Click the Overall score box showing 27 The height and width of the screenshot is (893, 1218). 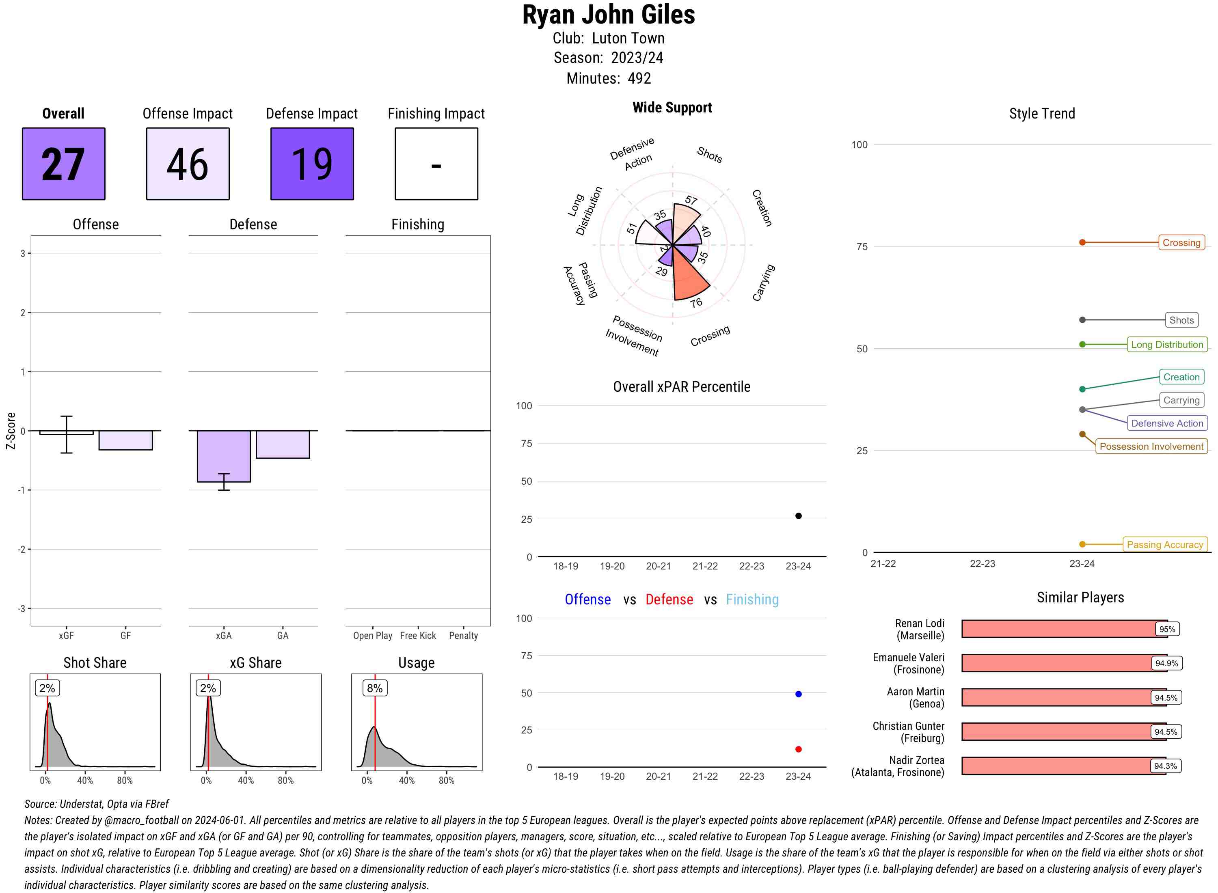pyautogui.click(x=63, y=164)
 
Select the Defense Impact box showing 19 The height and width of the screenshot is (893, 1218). pyautogui.click(x=312, y=164)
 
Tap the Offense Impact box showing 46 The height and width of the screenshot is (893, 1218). pyautogui.click(x=188, y=164)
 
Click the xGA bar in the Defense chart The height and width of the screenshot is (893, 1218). pyautogui.click(x=223, y=456)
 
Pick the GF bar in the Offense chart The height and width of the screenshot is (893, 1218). pyautogui.click(x=125, y=440)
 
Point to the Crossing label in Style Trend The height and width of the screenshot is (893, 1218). pyautogui.click(x=1181, y=243)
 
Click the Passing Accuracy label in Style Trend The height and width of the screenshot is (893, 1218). pyautogui.click(x=1164, y=544)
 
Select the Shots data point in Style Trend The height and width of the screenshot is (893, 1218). pyautogui.click(x=1082, y=320)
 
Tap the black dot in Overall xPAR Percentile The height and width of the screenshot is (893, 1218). pyautogui.click(x=798, y=516)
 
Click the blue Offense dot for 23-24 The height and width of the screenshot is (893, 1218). pyautogui.click(x=798, y=694)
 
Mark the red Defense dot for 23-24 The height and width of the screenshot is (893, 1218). pyautogui.click(x=798, y=749)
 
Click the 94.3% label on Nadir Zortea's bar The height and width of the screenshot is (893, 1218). pyautogui.click(x=1165, y=766)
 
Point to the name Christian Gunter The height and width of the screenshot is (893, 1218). pyautogui.click(x=908, y=726)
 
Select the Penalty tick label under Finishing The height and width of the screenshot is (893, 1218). pyautogui.click(x=463, y=636)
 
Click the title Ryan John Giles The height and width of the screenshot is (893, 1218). pyautogui.click(x=608, y=15)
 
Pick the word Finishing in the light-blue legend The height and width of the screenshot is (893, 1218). pyautogui.click(x=752, y=600)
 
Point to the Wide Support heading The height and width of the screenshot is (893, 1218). pyautogui.click(x=672, y=108)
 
